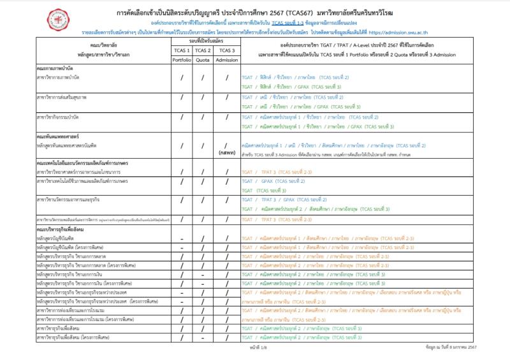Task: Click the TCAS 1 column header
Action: click(x=182, y=50)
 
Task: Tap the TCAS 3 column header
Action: click(x=226, y=50)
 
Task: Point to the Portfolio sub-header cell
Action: click(x=182, y=61)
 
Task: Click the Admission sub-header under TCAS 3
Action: click(x=226, y=61)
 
